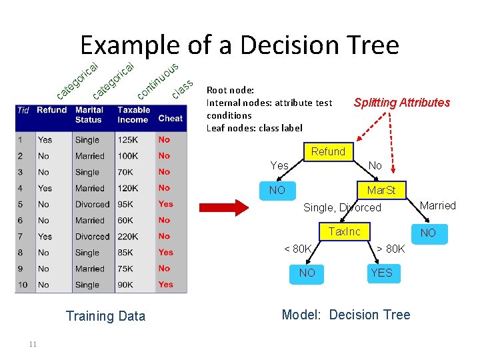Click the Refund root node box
point(328,152)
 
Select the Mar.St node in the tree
point(381,191)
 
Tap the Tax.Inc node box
point(345,232)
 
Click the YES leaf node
point(382,273)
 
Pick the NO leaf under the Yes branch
point(277,191)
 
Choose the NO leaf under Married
point(428,233)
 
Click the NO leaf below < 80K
point(307,273)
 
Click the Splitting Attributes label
point(401,103)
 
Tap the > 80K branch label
point(390,249)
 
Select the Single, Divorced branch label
point(342,208)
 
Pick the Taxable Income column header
point(133,115)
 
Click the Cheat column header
point(170,119)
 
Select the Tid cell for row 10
point(23,285)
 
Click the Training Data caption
point(105,316)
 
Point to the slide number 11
point(33,344)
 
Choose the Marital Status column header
point(89,115)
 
